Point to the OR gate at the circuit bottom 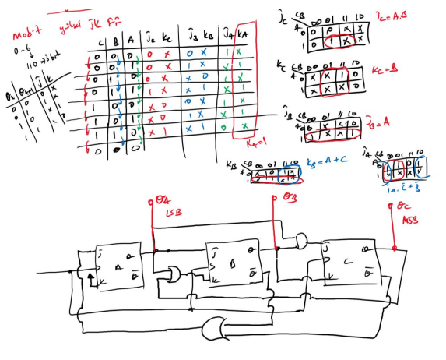[216, 327]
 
